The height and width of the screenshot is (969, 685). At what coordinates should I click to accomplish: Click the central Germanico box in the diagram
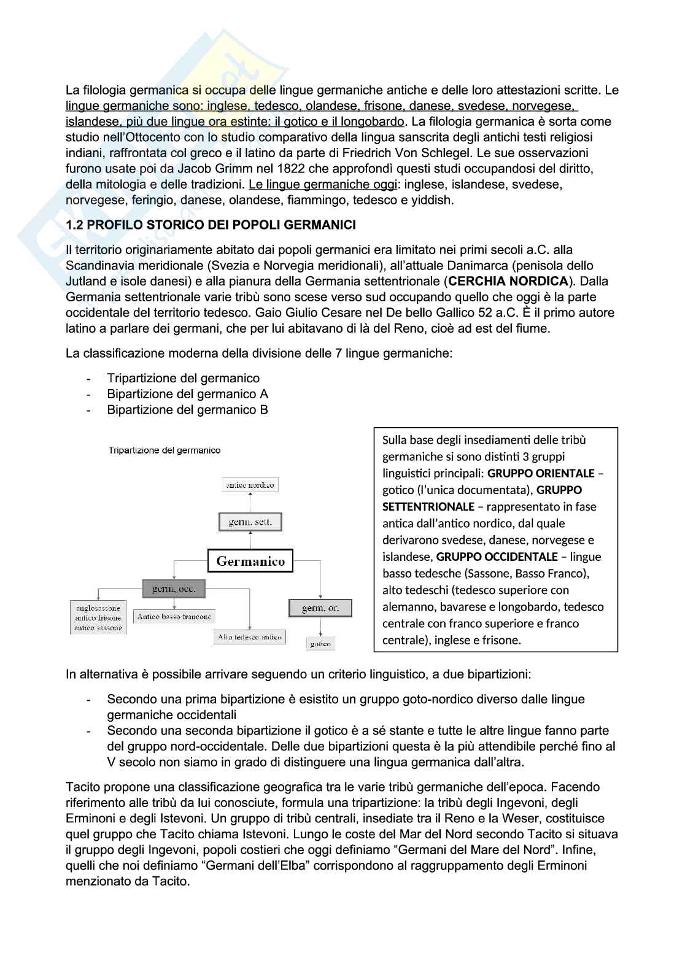tap(250, 561)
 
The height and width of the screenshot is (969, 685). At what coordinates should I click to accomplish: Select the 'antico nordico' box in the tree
tap(250, 485)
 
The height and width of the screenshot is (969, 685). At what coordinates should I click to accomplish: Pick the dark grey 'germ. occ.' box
tap(174, 589)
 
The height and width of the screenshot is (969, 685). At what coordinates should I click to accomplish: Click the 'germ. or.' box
tap(321, 608)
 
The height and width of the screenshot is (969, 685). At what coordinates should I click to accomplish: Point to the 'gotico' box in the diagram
tap(320, 644)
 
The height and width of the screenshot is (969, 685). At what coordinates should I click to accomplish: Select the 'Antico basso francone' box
tap(174, 617)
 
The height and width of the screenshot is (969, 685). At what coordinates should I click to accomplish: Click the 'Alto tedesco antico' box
tap(250, 637)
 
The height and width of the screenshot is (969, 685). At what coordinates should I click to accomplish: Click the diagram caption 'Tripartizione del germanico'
tap(164, 450)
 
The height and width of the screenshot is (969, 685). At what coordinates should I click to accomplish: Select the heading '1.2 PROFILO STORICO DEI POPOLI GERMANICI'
tap(211, 225)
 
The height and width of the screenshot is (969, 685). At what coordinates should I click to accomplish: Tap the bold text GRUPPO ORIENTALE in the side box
tap(540, 473)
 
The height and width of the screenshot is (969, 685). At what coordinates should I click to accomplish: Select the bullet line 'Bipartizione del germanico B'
tap(187, 410)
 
